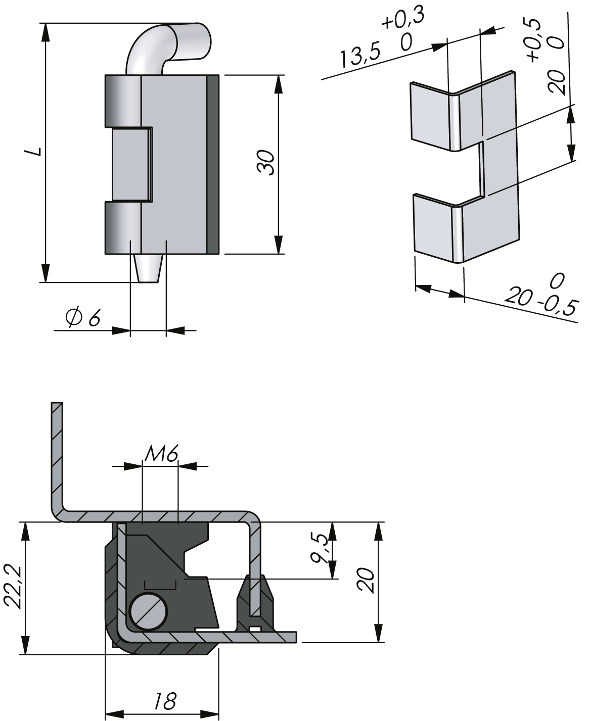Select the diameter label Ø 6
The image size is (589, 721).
coord(83,318)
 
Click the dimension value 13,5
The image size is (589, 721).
coord(359,57)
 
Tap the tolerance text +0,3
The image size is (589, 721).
coord(403,19)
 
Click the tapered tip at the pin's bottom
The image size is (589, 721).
coord(149,267)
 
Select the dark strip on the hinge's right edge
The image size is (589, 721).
coord(213,164)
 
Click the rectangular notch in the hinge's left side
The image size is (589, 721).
coord(130,164)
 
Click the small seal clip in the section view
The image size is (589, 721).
coord(256,606)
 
